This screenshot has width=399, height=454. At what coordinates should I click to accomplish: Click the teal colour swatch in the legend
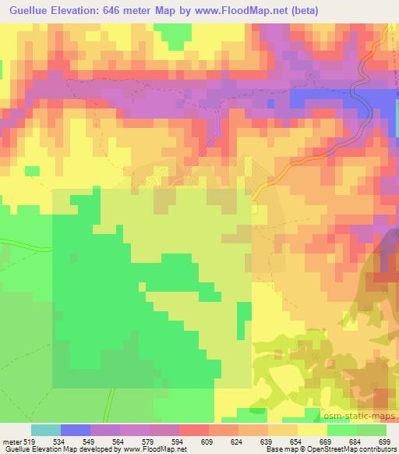click(x=46, y=430)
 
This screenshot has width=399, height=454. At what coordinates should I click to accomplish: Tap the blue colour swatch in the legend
click(x=76, y=430)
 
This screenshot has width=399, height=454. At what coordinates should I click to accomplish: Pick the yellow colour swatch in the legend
click(x=312, y=430)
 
